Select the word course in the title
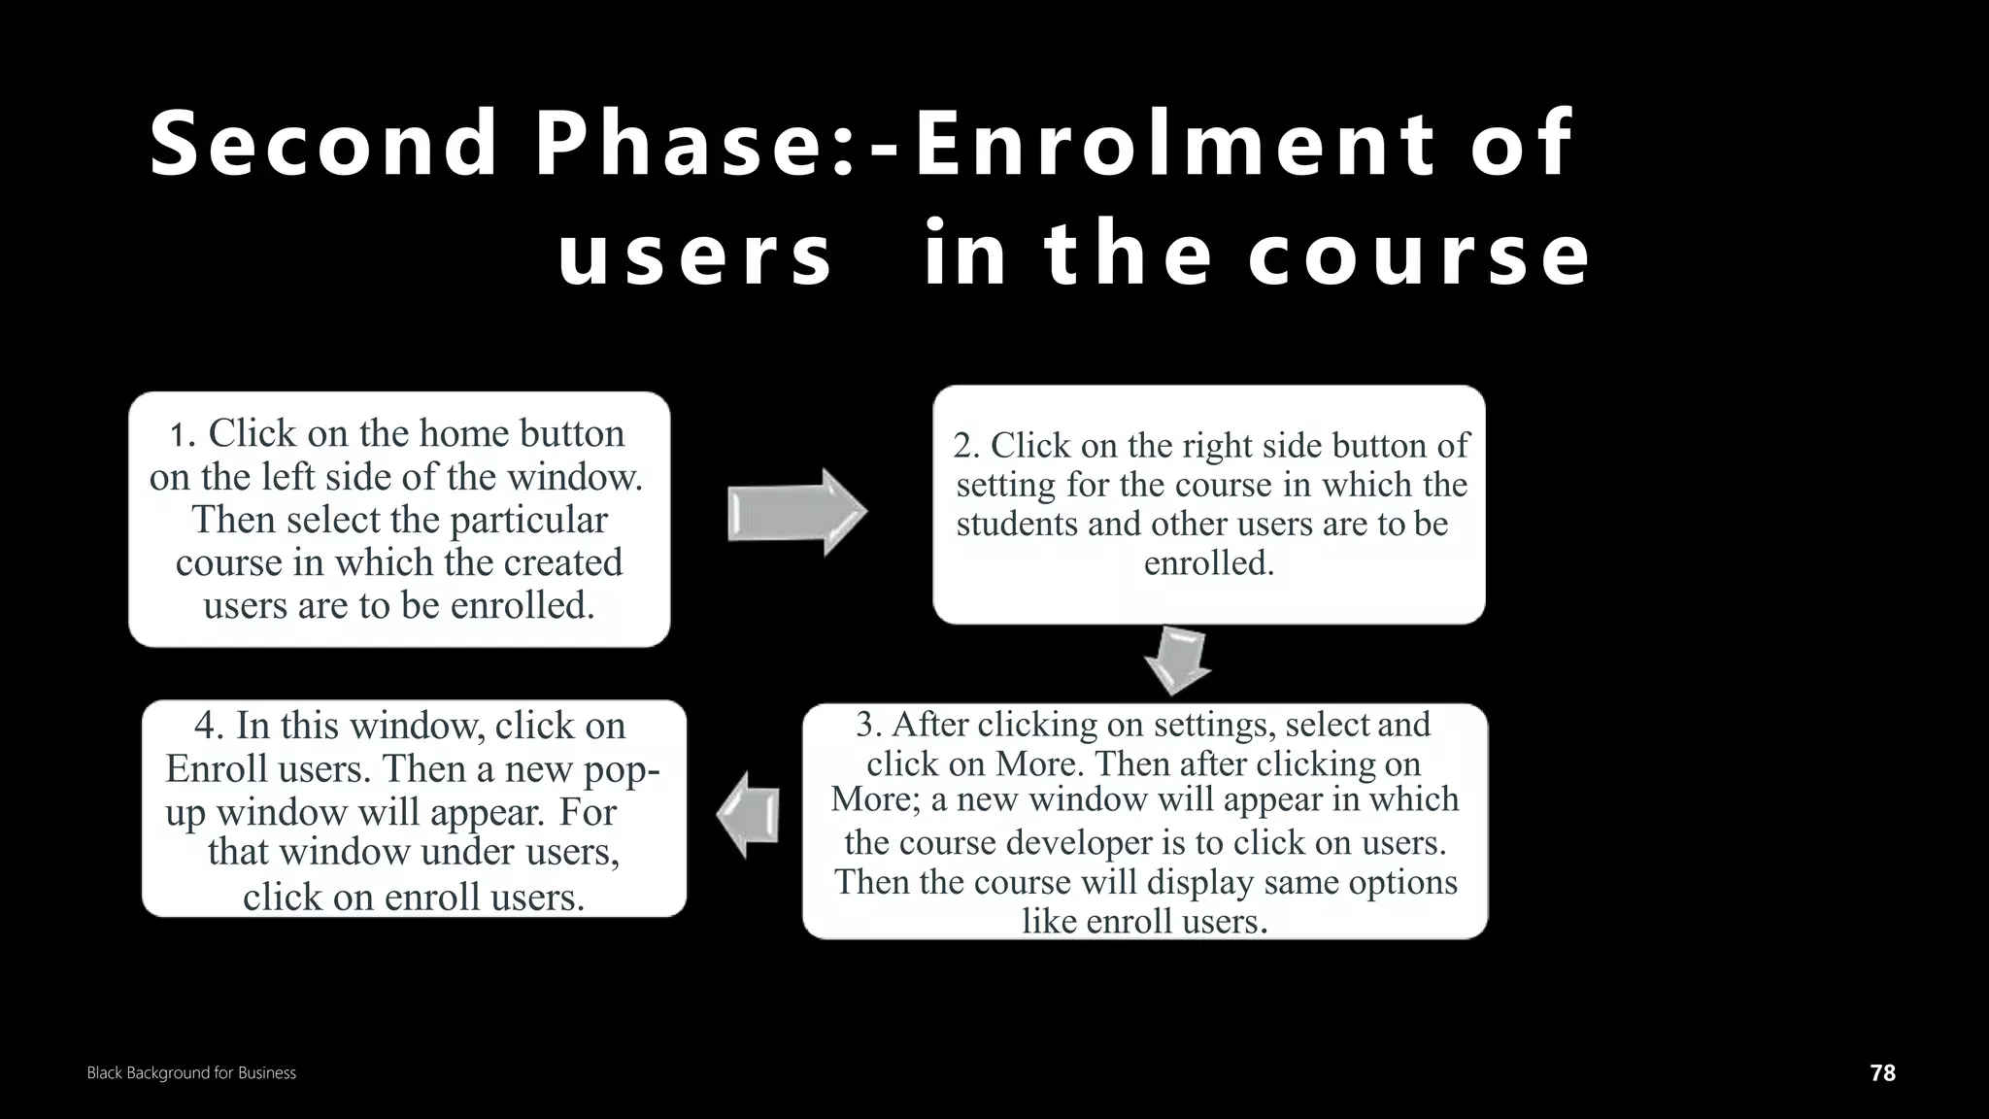(1419, 255)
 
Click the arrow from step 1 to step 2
(796, 512)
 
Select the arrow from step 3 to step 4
(749, 814)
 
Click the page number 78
(1882, 1072)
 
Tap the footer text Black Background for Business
(191, 1072)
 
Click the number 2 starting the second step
(964, 446)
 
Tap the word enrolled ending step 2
(1207, 563)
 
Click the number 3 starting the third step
(866, 725)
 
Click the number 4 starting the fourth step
(205, 726)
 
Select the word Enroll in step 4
(217, 768)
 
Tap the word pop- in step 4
(622, 768)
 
